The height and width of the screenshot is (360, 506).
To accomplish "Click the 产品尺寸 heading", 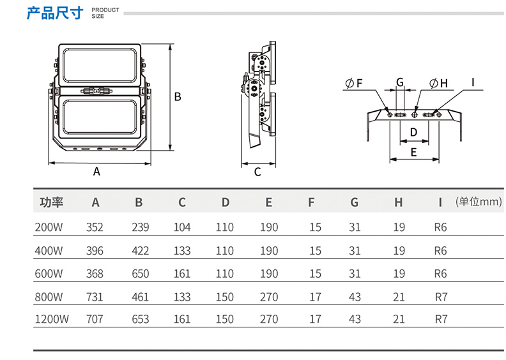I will (x=54, y=13).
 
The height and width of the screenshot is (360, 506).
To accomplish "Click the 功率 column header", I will (x=52, y=203).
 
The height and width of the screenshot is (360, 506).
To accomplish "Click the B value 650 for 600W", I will (x=140, y=274).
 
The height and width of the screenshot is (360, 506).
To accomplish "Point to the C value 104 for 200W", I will (x=182, y=227).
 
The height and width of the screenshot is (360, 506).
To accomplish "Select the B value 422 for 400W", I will (x=140, y=251).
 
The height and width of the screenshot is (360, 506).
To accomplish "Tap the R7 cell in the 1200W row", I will (x=440, y=319).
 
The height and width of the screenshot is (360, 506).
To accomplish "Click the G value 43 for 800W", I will (x=355, y=296).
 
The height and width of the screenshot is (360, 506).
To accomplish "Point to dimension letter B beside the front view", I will (x=179, y=97).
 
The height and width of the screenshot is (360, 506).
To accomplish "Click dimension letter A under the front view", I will (x=97, y=171).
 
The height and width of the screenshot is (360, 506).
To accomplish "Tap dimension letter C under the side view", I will (x=257, y=172).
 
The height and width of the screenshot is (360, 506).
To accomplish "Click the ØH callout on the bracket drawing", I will (x=438, y=84).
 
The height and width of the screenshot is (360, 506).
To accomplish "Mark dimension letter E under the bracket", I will (x=413, y=153).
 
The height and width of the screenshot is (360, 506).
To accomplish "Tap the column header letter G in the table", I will (x=355, y=203).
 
